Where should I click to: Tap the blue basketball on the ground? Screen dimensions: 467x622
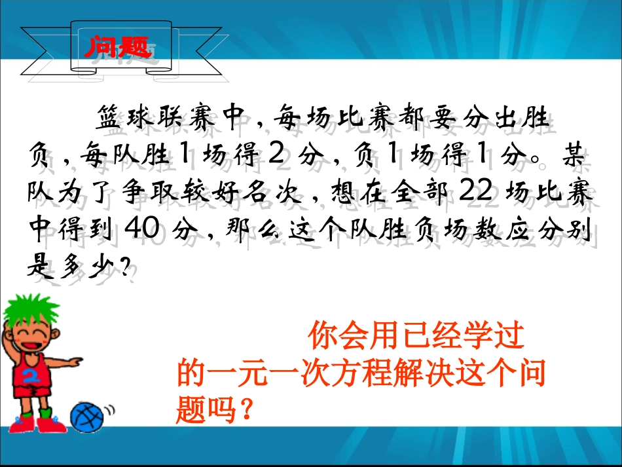tap(88, 415)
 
